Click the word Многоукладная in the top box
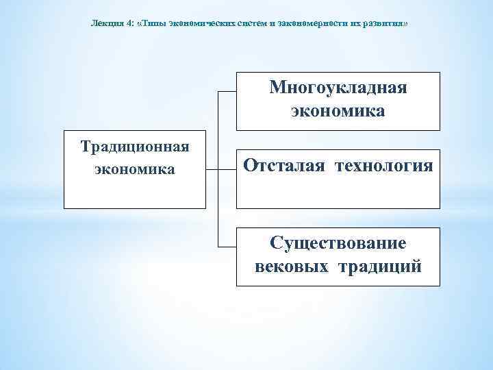click(x=338, y=88)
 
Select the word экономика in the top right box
click(x=338, y=110)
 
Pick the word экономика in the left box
click(x=135, y=169)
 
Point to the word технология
click(x=384, y=166)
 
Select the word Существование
click(x=338, y=243)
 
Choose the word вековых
click(x=292, y=266)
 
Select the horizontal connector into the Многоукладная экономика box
click(x=227, y=91)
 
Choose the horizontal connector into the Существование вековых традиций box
click(x=227, y=245)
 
